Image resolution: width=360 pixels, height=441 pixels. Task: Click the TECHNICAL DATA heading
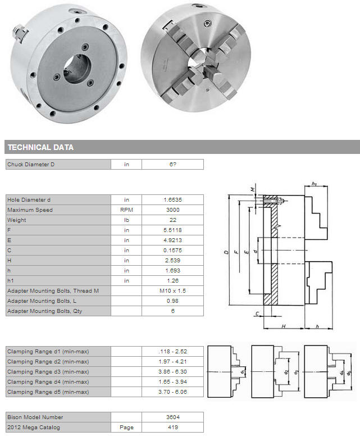coord(40,147)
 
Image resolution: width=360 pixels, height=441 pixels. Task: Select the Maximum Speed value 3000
coord(172,210)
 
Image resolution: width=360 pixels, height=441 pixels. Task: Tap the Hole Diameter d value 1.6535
coord(172,199)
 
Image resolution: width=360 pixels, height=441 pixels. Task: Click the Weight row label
coord(17,220)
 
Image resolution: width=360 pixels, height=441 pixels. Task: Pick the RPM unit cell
coord(126,210)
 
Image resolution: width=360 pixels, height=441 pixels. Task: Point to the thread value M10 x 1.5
coord(172,291)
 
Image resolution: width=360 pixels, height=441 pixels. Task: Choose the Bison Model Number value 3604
coord(172,417)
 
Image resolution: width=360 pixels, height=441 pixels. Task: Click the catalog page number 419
coord(172,427)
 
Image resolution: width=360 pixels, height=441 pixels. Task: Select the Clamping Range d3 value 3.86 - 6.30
coord(172,371)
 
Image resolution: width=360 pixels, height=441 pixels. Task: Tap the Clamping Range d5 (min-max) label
coord(48,392)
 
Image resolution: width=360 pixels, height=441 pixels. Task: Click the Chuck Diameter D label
coord(31,164)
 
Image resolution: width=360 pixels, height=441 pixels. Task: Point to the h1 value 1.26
coord(172,281)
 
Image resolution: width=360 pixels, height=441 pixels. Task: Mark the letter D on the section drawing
coord(226,252)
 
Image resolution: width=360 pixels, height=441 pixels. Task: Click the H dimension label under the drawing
coord(284,326)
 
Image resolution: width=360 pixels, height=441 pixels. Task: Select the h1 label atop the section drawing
coord(315,184)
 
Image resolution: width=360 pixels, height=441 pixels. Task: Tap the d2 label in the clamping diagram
coord(286,372)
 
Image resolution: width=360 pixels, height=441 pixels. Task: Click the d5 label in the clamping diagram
coord(349,372)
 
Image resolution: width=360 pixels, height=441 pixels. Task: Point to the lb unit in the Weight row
coord(126,220)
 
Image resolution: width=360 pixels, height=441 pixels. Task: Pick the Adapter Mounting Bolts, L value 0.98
coord(172,301)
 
